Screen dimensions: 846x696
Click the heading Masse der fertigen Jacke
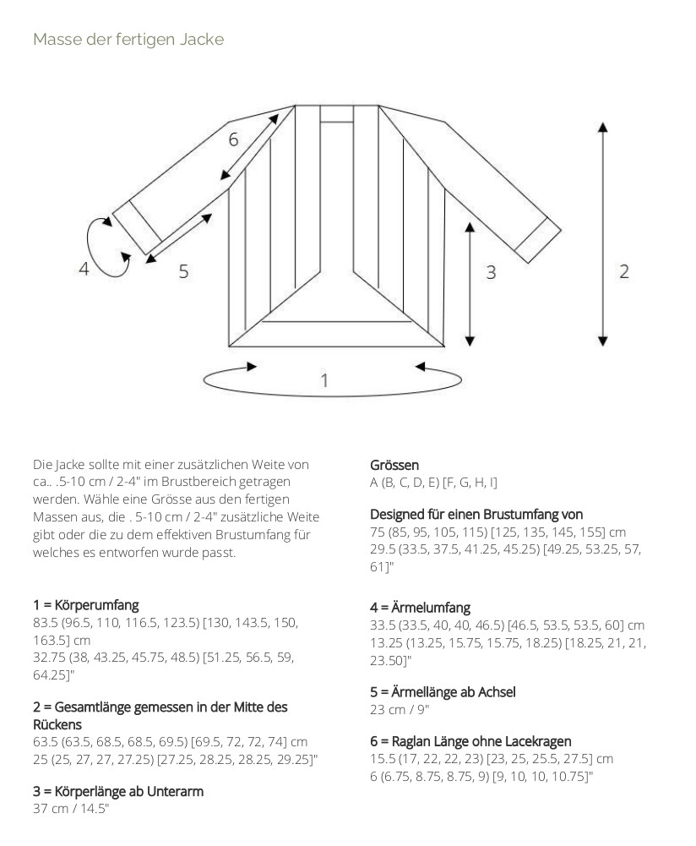(128, 39)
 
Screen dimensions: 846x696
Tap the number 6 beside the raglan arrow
(233, 140)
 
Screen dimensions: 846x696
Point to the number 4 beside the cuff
(84, 270)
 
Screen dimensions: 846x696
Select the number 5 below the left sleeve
(182, 272)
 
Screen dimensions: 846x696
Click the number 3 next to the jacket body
(491, 272)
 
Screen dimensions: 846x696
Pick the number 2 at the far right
(624, 271)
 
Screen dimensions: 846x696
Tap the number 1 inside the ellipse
(324, 381)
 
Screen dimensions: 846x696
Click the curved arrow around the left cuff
(105, 247)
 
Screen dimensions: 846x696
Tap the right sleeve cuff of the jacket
(537, 240)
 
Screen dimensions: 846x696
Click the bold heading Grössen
(394, 465)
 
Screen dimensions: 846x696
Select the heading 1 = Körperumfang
(86, 605)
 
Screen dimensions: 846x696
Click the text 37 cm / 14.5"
(71, 809)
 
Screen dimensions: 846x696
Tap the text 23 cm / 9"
(400, 709)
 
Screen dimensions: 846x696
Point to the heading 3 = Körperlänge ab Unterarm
(118, 791)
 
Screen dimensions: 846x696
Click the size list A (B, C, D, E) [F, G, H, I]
(434, 483)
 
